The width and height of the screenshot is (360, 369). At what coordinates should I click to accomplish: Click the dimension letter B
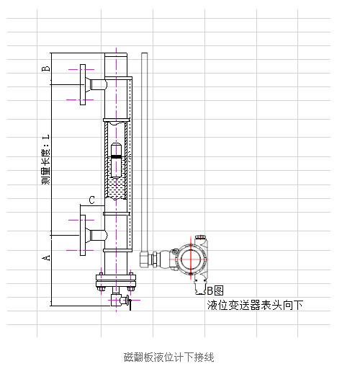pyautogui.click(x=46, y=68)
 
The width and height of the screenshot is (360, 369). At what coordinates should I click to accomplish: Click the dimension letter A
pyautogui.click(x=46, y=258)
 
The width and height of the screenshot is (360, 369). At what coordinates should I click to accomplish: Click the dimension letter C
pyautogui.click(x=91, y=200)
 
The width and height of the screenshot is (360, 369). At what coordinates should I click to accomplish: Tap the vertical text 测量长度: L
pyautogui.click(x=46, y=160)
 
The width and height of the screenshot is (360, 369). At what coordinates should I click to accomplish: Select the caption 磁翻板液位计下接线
pyautogui.click(x=169, y=357)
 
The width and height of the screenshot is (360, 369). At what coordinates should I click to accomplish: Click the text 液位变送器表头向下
pyautogui.click(x=255, y=305)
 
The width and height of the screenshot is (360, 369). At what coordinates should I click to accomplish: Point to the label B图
pyautogui.click(x=215, y=290)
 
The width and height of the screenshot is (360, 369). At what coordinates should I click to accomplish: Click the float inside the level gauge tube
pyautogui.click(x=117, y=160)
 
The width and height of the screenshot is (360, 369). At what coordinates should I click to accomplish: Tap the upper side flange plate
pyautogui.click(x=83, y=84)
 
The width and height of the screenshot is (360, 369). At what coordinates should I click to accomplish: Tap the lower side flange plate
pyautogui.click(x=83, y=235)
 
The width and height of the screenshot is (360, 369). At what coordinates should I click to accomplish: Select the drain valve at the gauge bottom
pyautogui.click(x=120, y=301)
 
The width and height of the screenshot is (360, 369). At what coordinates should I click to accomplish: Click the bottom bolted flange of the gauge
pyautogui.click(x=116, y=281)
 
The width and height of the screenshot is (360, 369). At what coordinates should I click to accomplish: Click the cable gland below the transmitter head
pyautogui.click(x=200, y=287)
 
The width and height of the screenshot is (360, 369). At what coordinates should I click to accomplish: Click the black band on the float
pyautogui.click(x=117, y=156)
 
